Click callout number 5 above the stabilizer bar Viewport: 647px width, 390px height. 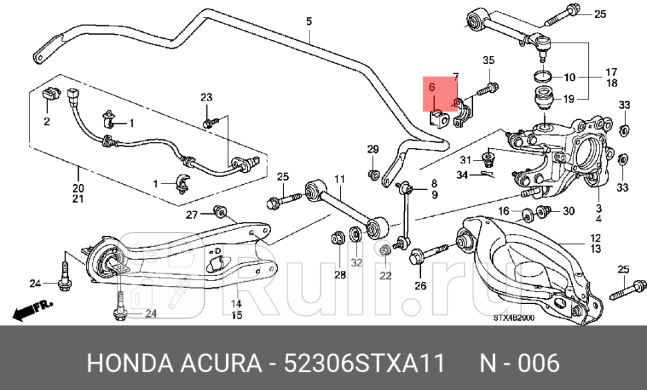pos(309,21)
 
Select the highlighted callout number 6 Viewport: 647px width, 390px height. pos(432,87)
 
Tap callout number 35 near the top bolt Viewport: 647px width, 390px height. pos(488,61)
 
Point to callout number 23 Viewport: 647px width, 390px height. pos(206,98)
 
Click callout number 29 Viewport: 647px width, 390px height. pos(373,149)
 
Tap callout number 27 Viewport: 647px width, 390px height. pos(192,214)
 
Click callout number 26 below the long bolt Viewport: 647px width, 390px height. pos(420,287)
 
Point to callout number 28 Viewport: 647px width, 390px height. pos(340,275)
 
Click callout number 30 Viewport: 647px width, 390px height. pos(568,211)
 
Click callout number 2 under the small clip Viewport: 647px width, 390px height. pos(47,122)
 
